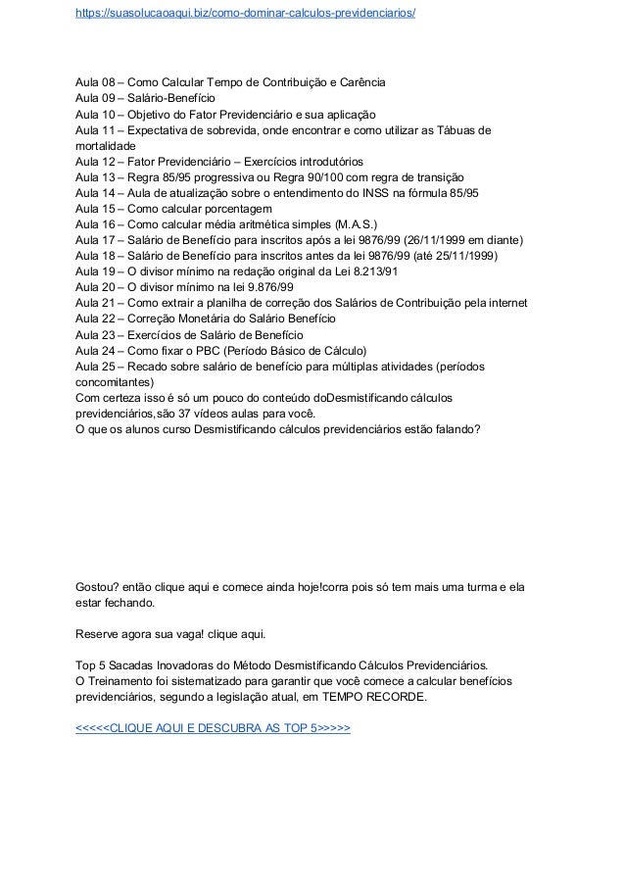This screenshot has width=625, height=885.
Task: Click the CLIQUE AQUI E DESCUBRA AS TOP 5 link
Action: [x=213, y=730]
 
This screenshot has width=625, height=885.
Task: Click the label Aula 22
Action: [x=95, y=320]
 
